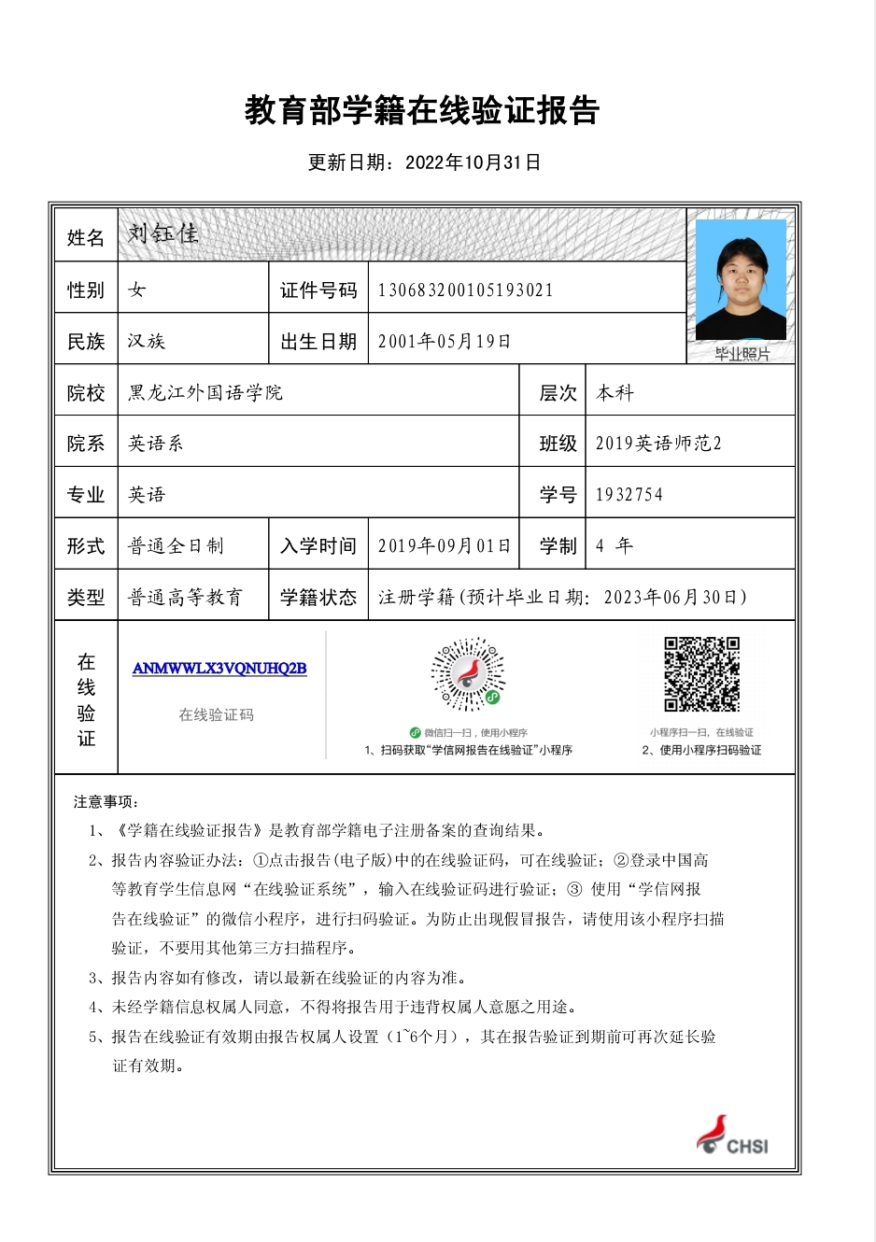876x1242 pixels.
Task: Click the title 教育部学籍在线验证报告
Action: (x=422, y=111)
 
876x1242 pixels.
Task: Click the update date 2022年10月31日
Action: (x=473, y=162)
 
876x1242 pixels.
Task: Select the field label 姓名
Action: (x=86, y=238)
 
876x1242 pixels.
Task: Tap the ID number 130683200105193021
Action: (x=465, y=290)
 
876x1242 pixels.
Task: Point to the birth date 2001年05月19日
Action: (x=445, y=342)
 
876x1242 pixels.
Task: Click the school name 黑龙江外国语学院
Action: (x=205, y=393)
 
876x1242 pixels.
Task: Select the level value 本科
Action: (x=615, y=393)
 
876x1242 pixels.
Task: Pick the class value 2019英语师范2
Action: (x=658, y=444)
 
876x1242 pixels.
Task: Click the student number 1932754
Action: (x=629, y=495)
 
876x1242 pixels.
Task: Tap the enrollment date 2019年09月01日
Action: (x=445, y=546)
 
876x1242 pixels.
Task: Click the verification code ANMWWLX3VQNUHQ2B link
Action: (x=219, y=669)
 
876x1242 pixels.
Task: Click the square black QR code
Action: (x=701, y=674)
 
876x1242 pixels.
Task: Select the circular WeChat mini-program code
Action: (x=468, y=675)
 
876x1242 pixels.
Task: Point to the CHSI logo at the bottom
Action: (x=733, y=1136)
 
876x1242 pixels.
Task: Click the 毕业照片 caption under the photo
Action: (x=742, y=354)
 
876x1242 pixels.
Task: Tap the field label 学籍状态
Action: (x=318, y=598)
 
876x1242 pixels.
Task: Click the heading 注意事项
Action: (x=106, y=802)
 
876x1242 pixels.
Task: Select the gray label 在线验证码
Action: (x=217, y=715)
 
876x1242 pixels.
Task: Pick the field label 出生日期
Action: (x=318, y=342)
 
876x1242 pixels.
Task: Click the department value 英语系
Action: (x=156, y=444)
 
